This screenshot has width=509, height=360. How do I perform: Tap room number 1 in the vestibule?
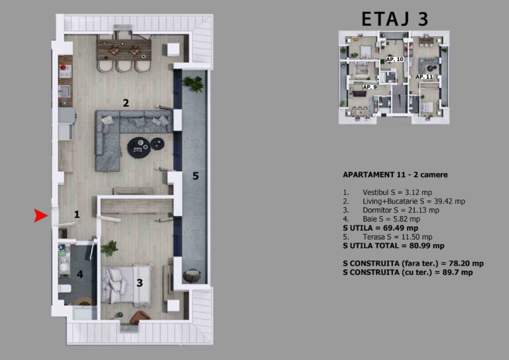[x=77, y=214]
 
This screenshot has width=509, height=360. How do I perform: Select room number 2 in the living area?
[x=126, y=103]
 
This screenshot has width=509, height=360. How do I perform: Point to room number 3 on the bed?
[x=140, y=282]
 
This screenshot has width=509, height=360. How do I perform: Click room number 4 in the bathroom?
[x=80, y=274]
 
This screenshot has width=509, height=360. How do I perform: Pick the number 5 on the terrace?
[x=196, y=176]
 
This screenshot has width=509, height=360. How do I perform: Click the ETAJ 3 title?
[x=395, y=19]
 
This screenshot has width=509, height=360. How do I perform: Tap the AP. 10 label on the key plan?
[x=395, y=60]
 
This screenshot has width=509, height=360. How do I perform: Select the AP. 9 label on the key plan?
[x=370, y=87]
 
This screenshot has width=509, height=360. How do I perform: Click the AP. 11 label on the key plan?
[x=425, y=77]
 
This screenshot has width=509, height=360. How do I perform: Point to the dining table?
[x=125, y=50]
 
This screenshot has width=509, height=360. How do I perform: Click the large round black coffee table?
[x=139, y=148]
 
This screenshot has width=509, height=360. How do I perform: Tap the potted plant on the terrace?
[x=194, y=84]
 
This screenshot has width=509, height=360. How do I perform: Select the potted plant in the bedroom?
[x=109, y=249]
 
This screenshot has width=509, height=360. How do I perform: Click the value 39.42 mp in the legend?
[x=445, y=202]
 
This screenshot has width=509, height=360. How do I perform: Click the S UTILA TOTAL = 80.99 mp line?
[x=394, y=246]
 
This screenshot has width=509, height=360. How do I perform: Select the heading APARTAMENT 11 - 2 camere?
[x=395, y=174]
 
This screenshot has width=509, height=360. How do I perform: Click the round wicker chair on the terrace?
[x=192, y=276]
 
